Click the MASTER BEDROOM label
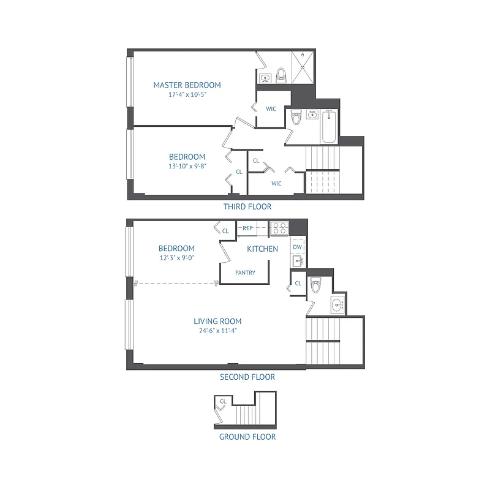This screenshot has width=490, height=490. tap(187, 85)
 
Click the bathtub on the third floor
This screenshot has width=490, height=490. tap(330, 127)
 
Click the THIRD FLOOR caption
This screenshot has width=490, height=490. tap(247, 207)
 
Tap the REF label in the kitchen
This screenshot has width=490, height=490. tap(248, 228)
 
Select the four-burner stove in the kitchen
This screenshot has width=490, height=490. tap(280, 228)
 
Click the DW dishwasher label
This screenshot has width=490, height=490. tap(298, 247)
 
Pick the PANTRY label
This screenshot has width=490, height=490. tap(245, 273)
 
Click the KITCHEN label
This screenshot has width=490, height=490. tap(262, 249)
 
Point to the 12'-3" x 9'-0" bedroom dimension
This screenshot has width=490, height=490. tap(176, 258)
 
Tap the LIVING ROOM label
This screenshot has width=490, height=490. tap(217, 321)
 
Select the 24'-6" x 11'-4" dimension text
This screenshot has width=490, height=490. tap(217, 331)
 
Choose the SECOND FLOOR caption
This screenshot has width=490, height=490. tap(247, 377)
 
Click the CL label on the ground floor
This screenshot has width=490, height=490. tap(224, 402)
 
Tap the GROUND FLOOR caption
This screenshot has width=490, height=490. tap(247, 437)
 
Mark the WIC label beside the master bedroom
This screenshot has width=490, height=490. tap(271, 109)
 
